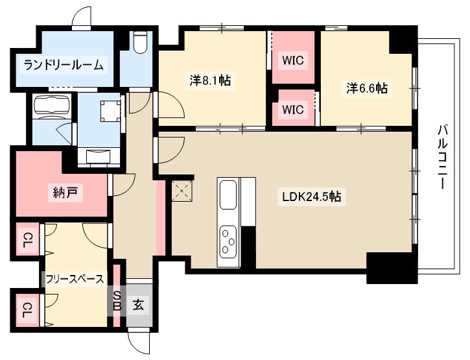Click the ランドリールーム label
pos(63,65)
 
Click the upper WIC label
pos(293,61)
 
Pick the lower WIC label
pos(293,109)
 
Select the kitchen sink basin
pos(228,195)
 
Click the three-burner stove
pos(228,239)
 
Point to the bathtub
pos(53,105)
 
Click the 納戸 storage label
pos(63,193)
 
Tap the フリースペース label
pos(74,279)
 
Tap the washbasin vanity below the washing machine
pos(98,156)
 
